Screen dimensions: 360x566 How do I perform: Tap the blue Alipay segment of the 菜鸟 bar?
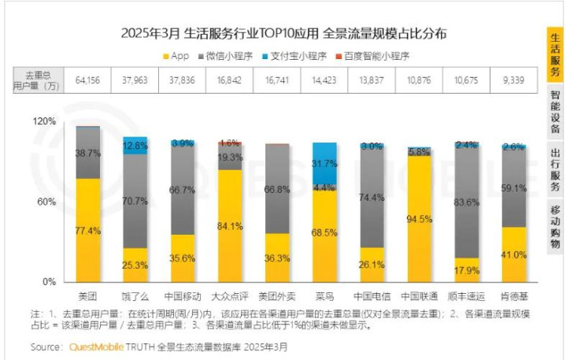click(324, 162)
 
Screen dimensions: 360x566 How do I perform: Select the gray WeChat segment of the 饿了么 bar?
click(135, 201)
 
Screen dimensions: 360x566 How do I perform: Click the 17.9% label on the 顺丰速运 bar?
click(466, 271)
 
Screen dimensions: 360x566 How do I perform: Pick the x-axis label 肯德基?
click(513, 297)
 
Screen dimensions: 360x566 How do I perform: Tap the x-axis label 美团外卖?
click(277, 297)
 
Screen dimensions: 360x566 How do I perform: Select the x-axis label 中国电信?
click(372, 297)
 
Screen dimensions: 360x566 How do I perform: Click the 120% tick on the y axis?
click(44, 122)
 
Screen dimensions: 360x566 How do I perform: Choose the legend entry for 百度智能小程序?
click(377, 56)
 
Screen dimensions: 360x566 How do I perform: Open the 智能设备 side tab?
click(556, 111)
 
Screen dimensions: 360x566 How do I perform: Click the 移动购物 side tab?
click(556, 226)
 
